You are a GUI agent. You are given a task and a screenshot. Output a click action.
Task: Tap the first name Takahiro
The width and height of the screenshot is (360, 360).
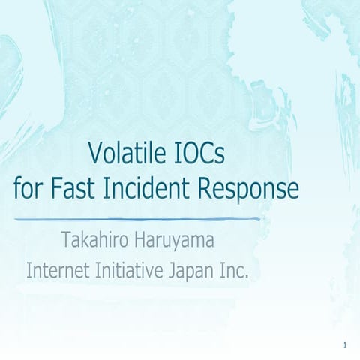point(96,242)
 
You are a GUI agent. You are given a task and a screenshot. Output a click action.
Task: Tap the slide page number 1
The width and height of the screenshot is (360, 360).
point(343,345)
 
